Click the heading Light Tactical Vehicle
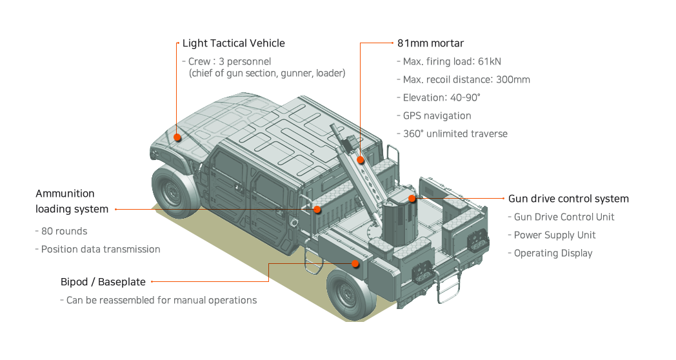coord(234,43)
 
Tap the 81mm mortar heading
coord(430,43)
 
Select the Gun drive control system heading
coord(568,199)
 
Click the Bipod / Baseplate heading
coord(103,282)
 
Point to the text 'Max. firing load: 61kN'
coord(452,62)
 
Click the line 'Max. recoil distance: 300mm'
coord(466,80)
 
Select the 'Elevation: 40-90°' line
coord(442,98)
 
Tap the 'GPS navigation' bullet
coord(437,116)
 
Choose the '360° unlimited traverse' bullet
coord(455,134)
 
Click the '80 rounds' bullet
coord(64,231)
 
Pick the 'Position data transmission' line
coord(100,249)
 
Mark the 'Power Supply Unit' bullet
coord(555,235)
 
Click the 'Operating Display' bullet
coord(553,254)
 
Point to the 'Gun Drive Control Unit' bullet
coord(564,217)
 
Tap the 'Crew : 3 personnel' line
coord(230,62)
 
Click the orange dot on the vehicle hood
coord(177,137)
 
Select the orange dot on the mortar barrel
coord(361,160)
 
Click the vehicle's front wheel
coord(174,192)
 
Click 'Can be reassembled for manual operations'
coord(161,301)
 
